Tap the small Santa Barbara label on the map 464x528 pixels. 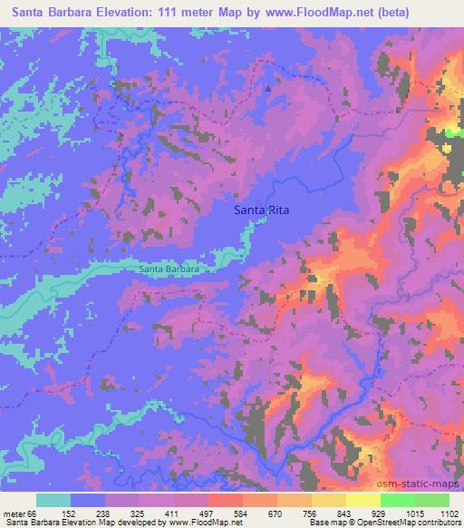(x=169, y=269)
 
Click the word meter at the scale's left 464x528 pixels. (x=15, y=513)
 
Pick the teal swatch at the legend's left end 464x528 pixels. (x=53, y=500)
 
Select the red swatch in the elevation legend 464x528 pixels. (x=226, y=500)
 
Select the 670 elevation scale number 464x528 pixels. (x=276, y=513)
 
